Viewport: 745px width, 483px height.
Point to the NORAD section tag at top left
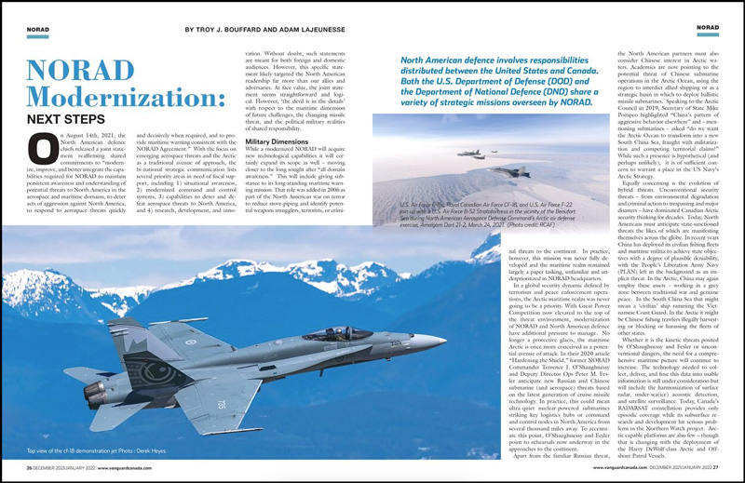point(37,30)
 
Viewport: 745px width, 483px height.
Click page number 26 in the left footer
point(29,467)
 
